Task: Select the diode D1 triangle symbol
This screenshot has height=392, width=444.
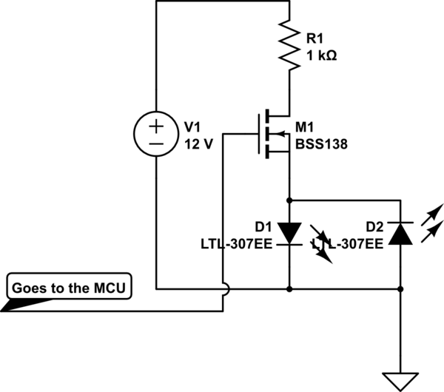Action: (289, 232)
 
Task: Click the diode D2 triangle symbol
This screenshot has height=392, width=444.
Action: (400, 232)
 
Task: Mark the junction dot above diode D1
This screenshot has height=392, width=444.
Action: (289, 200)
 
